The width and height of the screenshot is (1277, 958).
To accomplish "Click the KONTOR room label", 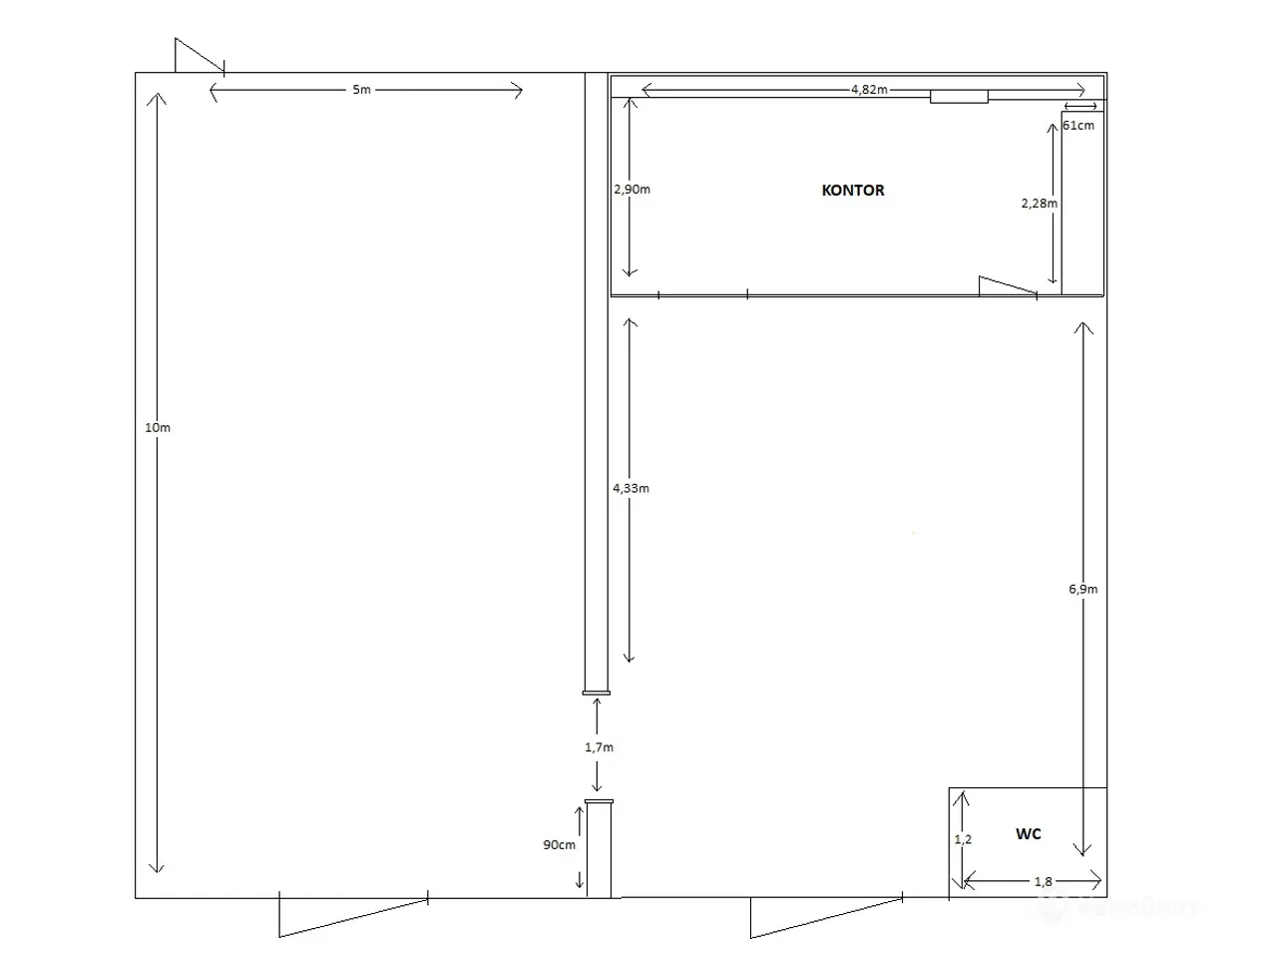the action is (x=852, y=191).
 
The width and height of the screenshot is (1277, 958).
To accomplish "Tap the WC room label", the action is (x=1028, y=833).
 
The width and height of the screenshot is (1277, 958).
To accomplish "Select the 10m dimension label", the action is (x=157, y=427).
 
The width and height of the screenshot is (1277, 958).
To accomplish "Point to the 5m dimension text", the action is (x=361, y=90).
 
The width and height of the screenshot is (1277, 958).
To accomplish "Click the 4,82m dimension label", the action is (x=869, y=90).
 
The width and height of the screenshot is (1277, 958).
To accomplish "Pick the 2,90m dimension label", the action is (x=632, y=189).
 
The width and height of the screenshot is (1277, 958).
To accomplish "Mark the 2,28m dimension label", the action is (x=1039, y=203).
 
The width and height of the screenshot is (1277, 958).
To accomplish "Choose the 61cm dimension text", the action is (x=1078, y=125).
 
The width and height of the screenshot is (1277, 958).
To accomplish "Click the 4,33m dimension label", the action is (x=631, y=488).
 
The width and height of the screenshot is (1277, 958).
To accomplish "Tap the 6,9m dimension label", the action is (x=1082, y=589).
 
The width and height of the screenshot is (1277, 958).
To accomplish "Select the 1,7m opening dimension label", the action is (x=599, y=746).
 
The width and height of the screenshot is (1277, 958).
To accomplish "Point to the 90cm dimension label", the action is (x=559, y=844).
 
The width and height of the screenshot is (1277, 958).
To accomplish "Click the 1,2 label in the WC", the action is (x=963, y=839).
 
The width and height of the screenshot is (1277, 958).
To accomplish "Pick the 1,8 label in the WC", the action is (x=1044, y=882).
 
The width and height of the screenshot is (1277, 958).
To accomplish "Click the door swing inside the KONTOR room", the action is (x=1008, y=285).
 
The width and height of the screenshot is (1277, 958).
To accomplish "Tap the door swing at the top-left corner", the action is (x=200, y=57).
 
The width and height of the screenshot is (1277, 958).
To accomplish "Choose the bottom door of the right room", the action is (x=826, y=918).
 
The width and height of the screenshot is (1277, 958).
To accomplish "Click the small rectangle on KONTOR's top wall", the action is (x=959, y=97).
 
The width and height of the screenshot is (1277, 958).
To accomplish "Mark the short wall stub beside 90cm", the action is (x=599, y=848).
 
